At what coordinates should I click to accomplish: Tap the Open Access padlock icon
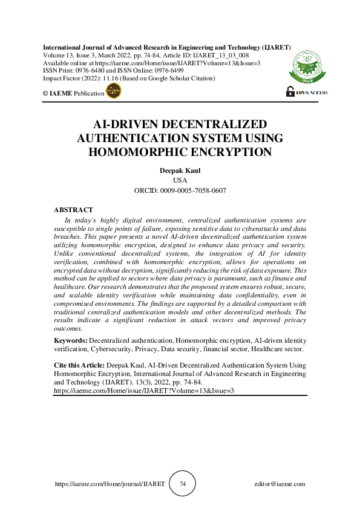click(x=291, y=92)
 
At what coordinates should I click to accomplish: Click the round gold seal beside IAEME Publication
click(x=113, y=91)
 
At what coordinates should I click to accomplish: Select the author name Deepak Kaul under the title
click(x=180, y=171)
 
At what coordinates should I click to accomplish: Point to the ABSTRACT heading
click(x=73, y=210)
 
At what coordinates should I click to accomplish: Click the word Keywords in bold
click(x=71, y=342)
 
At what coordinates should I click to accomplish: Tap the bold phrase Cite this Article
click(x=79, y=366)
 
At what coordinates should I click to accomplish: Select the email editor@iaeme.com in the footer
click(x=280, y=484)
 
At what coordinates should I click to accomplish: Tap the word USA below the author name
click(x=180, y=181)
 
